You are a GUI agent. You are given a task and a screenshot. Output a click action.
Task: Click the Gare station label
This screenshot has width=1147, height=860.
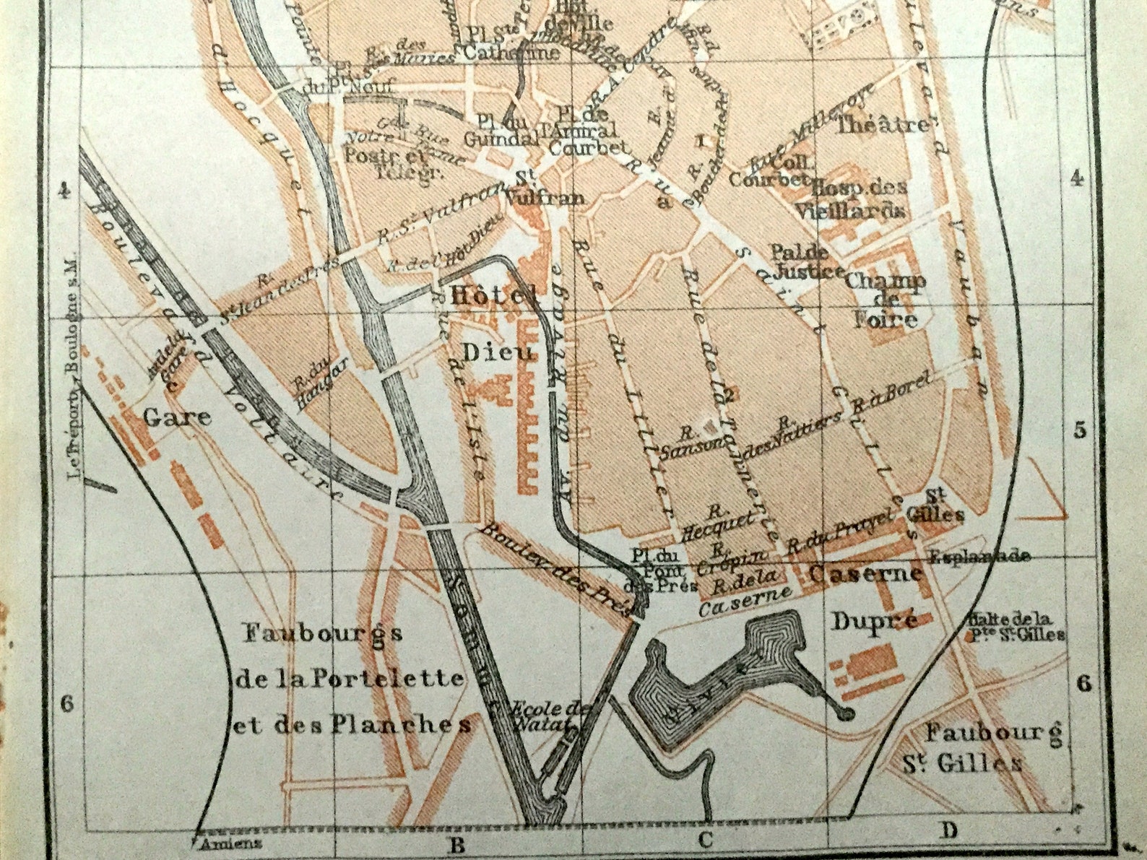pyautogui.click(x=177, y=417)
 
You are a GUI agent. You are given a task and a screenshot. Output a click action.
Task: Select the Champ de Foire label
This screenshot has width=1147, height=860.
pyautogui.click(x=886, y=300)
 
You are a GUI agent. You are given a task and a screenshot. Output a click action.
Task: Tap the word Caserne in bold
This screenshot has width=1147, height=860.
pyautogui.click(x=865, y=573)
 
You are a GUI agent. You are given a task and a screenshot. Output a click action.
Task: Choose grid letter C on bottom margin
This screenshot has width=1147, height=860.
pyautogui.click(x=706, y=839)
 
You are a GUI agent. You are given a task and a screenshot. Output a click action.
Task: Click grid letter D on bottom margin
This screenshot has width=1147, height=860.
pyautogui.click(x=948, y=830)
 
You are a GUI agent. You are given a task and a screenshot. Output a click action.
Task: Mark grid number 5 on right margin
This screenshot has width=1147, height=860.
pyautogui.click(x=1080, y=430)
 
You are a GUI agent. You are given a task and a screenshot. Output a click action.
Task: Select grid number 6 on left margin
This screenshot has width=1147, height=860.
pyautogui.click(x=67, y=703)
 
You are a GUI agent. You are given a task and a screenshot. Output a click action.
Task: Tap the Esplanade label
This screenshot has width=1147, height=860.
pyautogui.click(x=979, y=556)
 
